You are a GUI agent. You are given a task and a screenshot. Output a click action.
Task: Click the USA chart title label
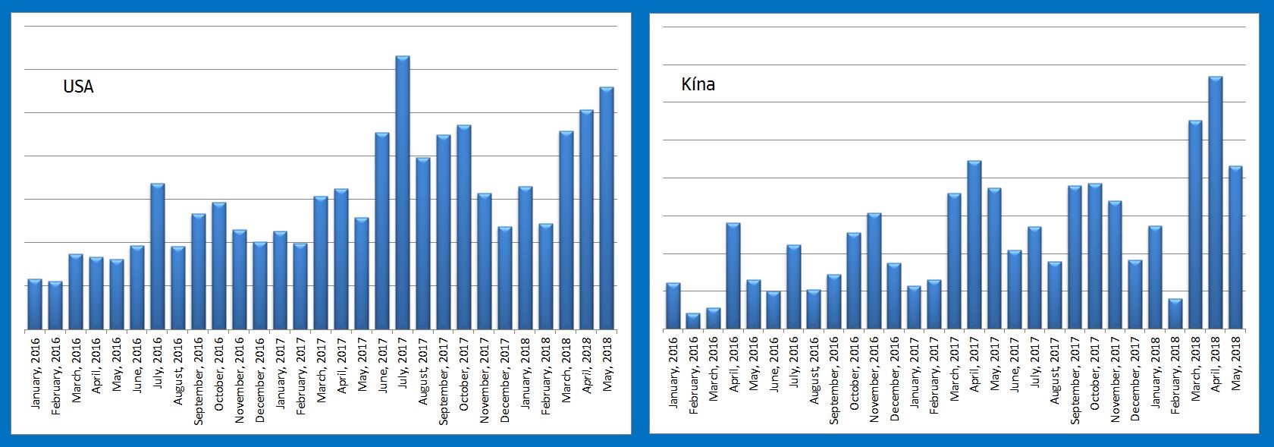click(x=78, y=87)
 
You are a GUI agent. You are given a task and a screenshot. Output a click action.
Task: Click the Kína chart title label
click(x=698, y=84)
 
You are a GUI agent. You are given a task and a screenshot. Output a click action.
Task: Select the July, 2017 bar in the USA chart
click(x=403, y=193)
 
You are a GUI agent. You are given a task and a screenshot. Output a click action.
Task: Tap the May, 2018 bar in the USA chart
click(x=607, y=209)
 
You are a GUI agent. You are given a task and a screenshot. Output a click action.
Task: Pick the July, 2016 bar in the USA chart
click(x=158, y=257)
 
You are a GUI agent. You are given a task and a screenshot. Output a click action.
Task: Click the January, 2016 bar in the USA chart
click(x=35, y=304)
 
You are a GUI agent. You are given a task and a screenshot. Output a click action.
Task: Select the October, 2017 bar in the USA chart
click(x=464, y=228)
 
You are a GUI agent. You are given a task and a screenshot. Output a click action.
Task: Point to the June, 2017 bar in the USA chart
click(x=382, y=231)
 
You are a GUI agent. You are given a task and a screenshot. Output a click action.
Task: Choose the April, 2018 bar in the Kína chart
click(x=1215, y=203)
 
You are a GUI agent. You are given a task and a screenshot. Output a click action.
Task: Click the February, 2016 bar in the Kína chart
click(x=693, y=321)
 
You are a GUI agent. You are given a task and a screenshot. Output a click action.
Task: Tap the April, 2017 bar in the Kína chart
click(x=974, y=245)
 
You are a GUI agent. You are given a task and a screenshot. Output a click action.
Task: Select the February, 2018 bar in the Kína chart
click(x=1175, y=314)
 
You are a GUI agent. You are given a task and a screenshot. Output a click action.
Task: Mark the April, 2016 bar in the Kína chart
click(x=733, y=276)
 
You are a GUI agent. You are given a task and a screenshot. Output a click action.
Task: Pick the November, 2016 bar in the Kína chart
click(x=874, y=271)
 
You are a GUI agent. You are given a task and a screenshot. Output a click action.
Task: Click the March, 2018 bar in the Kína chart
click(x=1195, y=225)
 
